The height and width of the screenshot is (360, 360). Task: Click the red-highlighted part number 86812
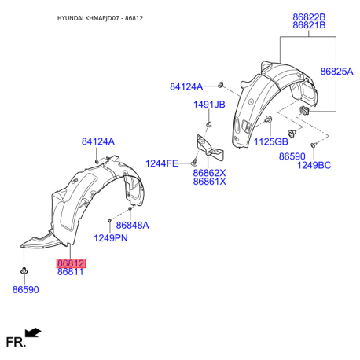(x=71, y=263)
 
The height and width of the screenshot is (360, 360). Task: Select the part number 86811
(x=71, y=272)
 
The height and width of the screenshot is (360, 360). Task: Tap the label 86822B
(x=309, y=17)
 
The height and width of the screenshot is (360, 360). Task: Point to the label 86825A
(x=336, y=72)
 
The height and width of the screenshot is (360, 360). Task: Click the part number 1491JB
(x=209, y=105)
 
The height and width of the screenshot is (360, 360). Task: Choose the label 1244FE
(x=162, y=163)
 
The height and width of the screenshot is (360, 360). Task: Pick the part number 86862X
(x=209, y=173)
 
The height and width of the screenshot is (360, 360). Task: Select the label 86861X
(x=209, y=182)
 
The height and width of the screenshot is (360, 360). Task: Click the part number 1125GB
(x=271, y=141)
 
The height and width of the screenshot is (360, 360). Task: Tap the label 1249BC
(x=314, y=165)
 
